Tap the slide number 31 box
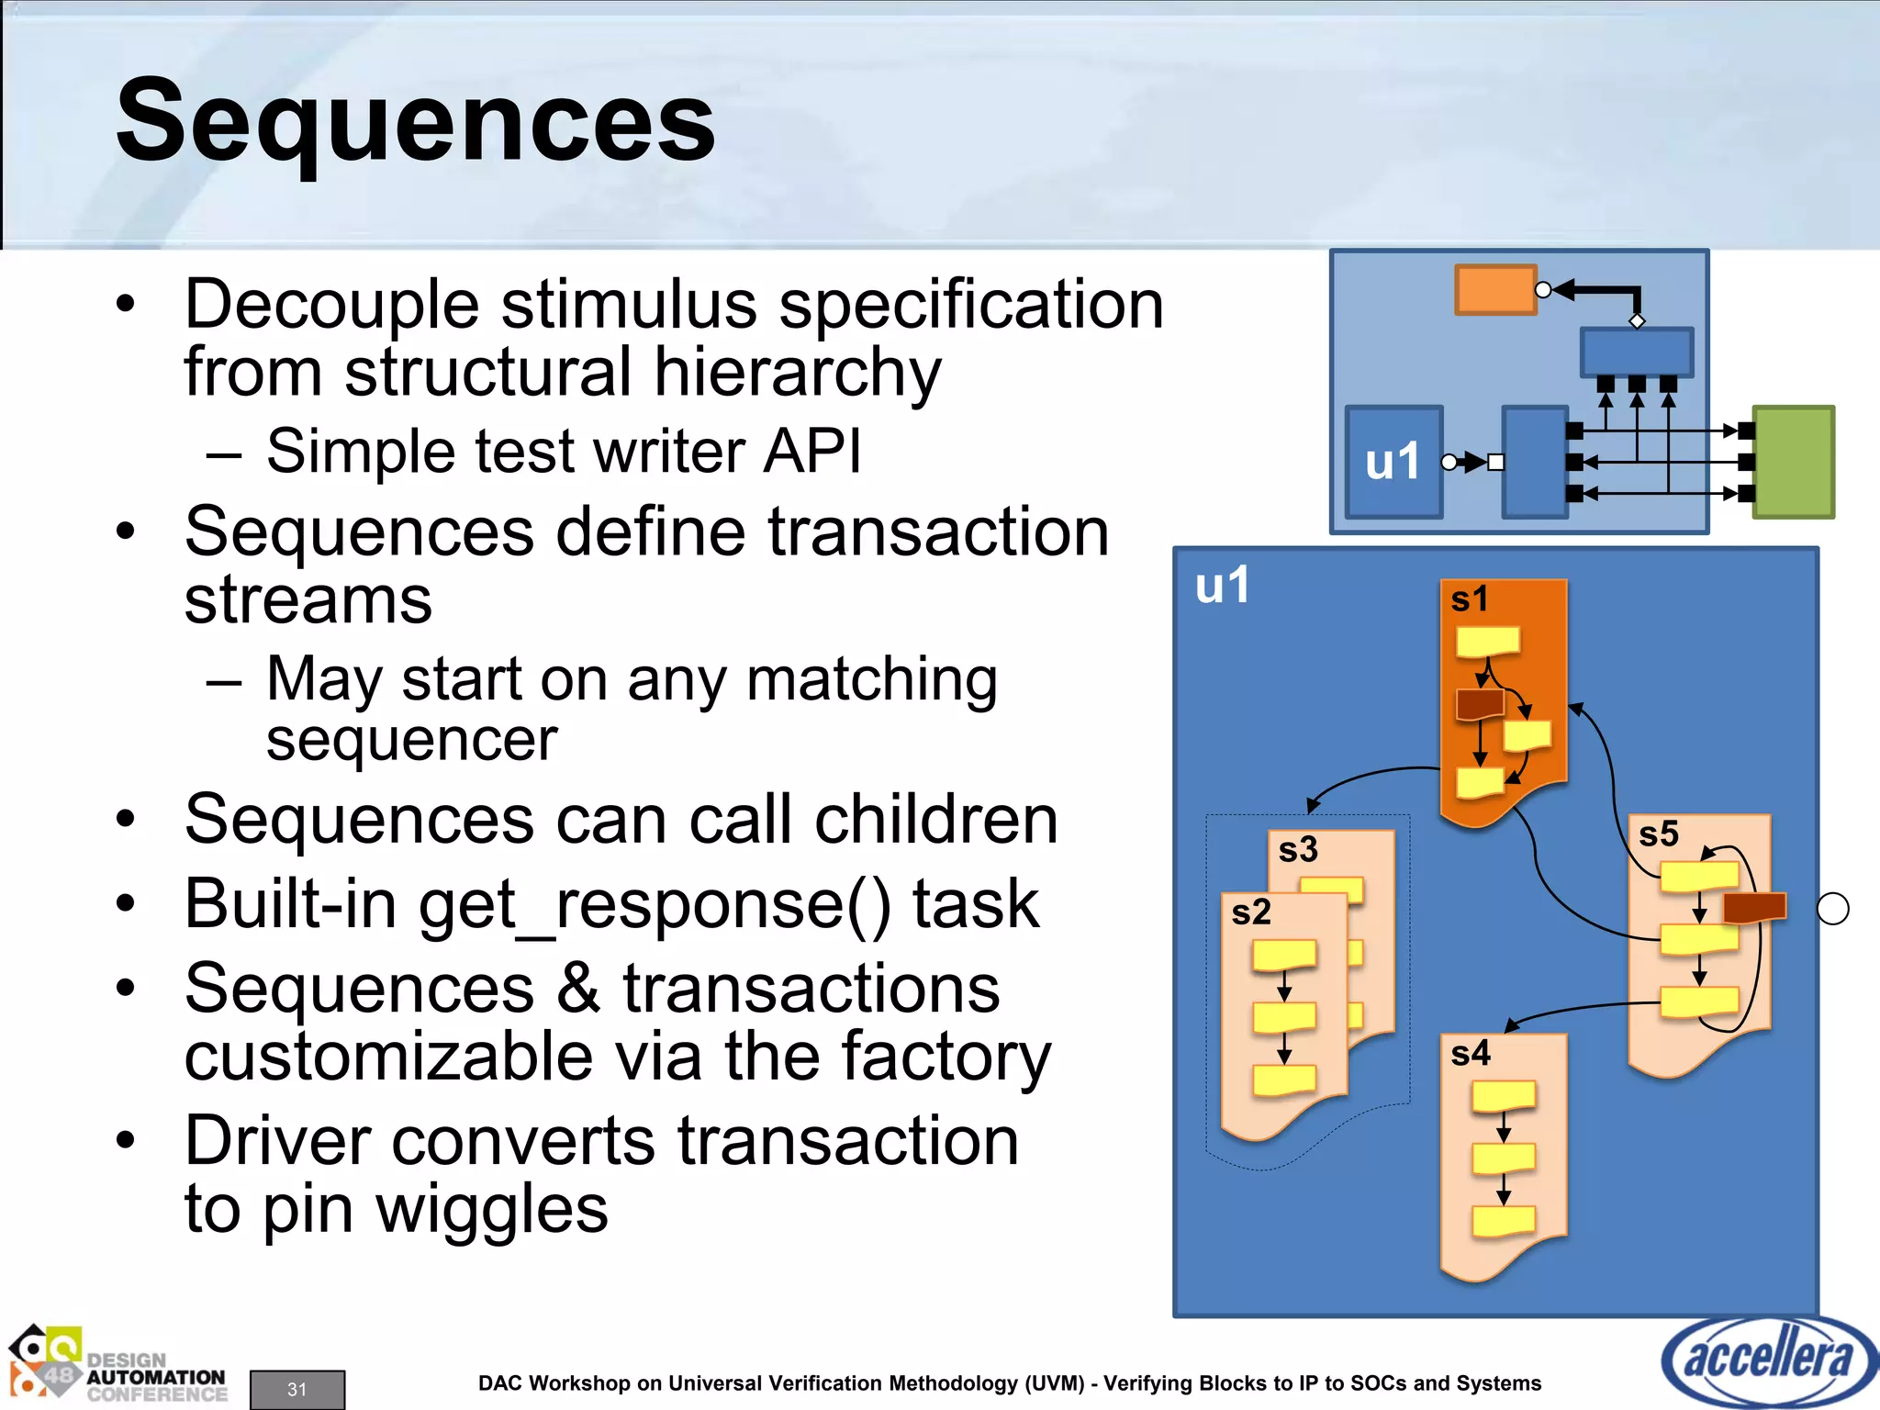(x=297, y=1389)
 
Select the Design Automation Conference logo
(x=117, y=1367)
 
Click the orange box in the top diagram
(x=1495, y=290)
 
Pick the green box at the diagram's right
(x=1793, y=462)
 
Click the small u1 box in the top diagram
(x=1393, y=462)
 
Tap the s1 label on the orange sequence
(x=1469, y=599)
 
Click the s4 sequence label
(x=1470, y=1053)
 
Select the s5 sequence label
(x=1658, y=834)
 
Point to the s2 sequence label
(x=1250, y=912)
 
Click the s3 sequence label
(x=1297, y=849)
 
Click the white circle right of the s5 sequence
(x=1832, y=909)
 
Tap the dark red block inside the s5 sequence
(x=1754, y=907)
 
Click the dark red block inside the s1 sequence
(x=1480, y=705)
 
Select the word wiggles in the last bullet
(x=492, y=1208)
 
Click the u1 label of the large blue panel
(x=1222, y=586)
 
